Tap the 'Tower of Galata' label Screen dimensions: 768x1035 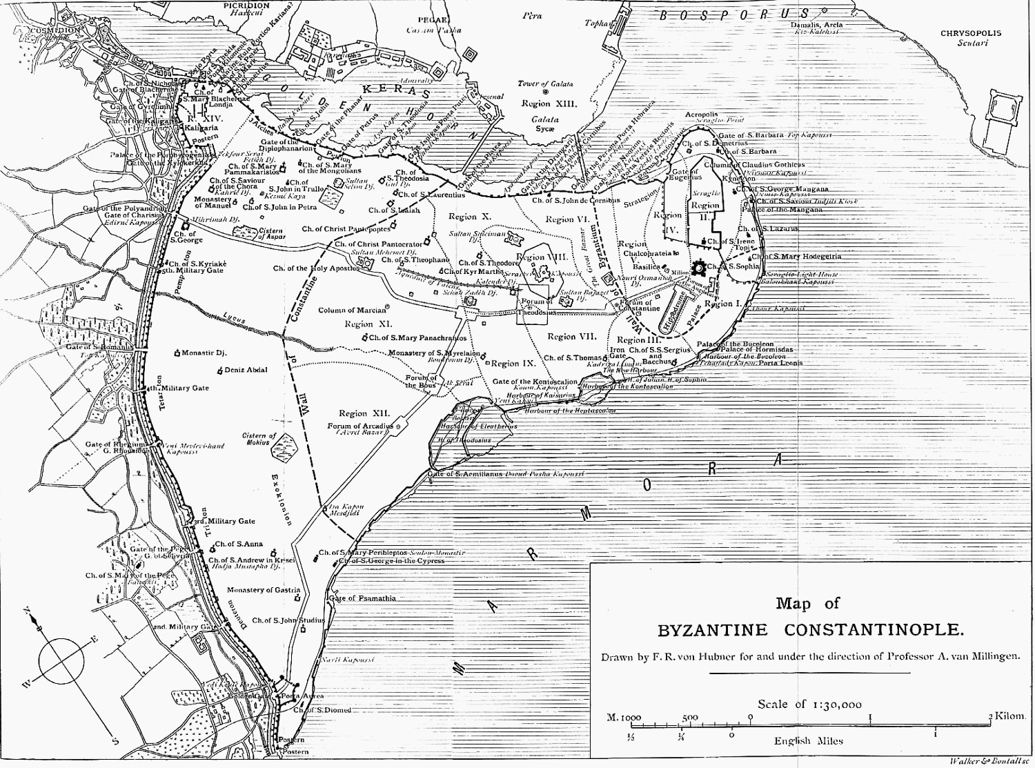click(545, 83)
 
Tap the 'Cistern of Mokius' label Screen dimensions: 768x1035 click(259, 440)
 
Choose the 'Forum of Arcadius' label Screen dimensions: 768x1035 click(359, 426)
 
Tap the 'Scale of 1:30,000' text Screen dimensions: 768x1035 click(809, 705)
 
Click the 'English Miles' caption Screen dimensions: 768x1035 click(808, 741)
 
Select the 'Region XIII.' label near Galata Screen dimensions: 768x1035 click(545, 104)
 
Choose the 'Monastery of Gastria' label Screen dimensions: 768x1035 click(264, 590)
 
